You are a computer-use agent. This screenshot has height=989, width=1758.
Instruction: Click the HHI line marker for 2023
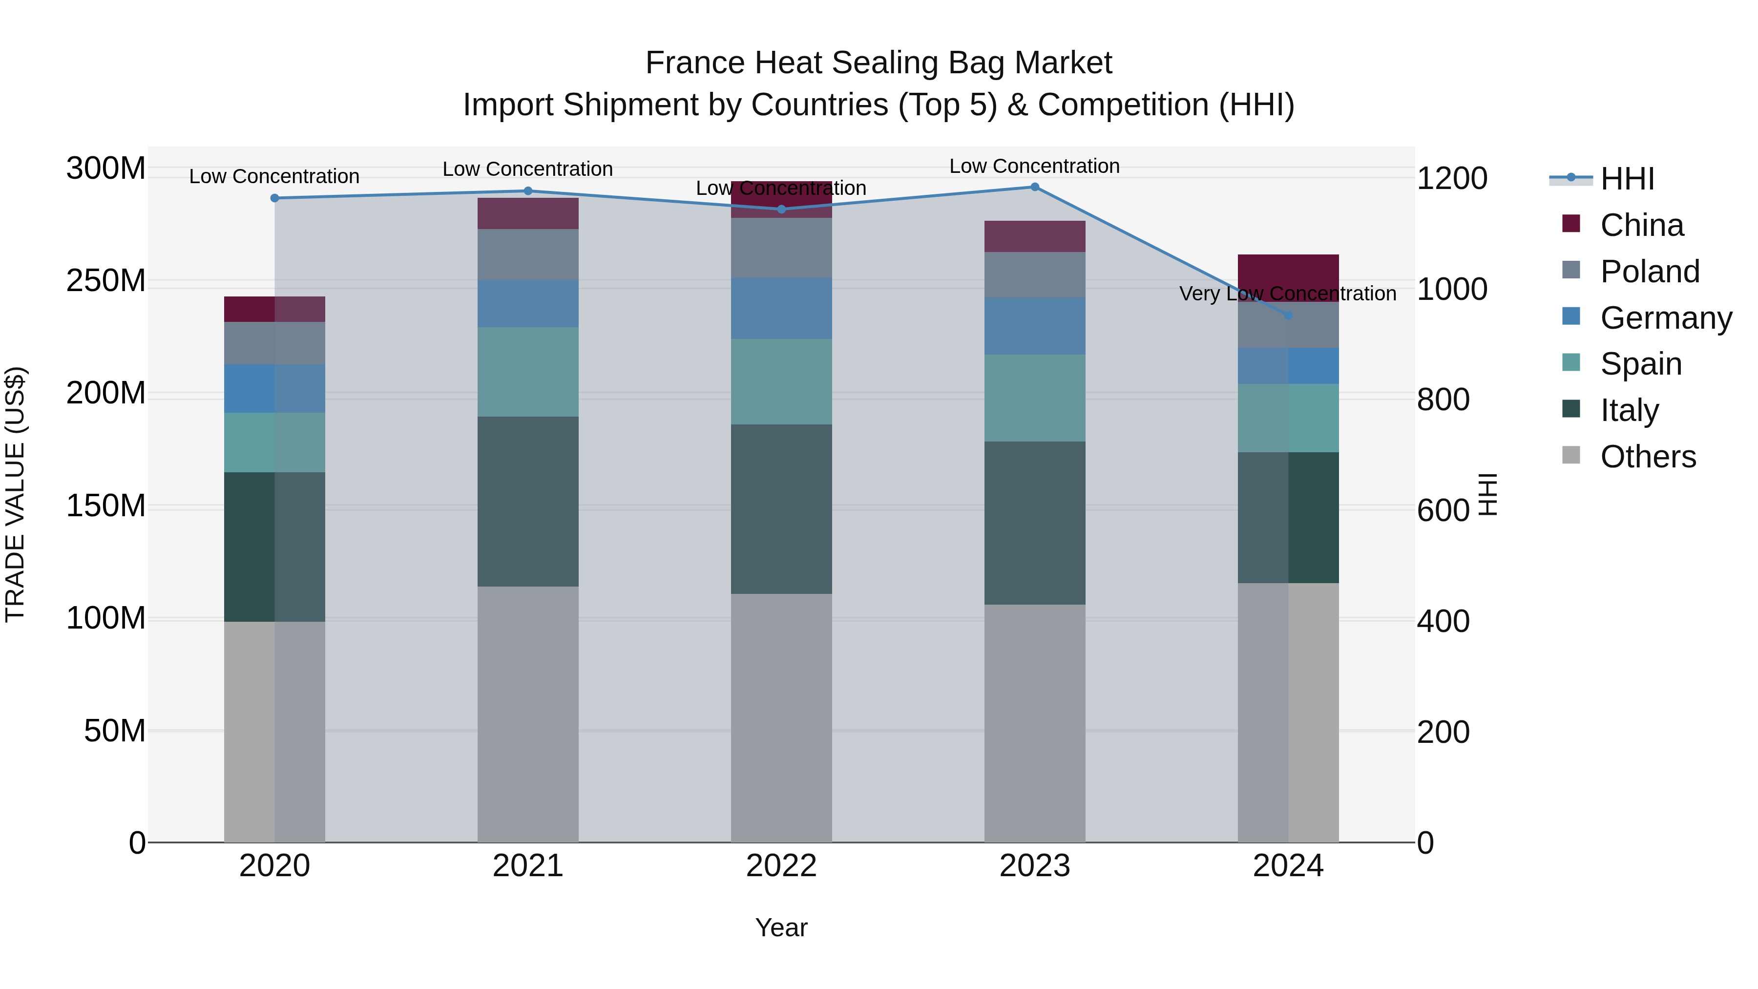[1035, 187]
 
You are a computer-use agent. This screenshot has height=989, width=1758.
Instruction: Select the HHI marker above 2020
[274, 198]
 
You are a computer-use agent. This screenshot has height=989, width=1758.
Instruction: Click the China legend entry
[1641, 225]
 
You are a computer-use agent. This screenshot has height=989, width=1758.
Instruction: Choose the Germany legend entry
[1665, 318]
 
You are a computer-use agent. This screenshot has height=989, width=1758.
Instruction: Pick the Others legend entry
[1648, 457]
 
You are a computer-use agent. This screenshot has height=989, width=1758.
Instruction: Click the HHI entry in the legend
[1627, 179]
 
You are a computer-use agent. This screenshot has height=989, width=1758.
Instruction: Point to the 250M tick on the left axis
[106, 280]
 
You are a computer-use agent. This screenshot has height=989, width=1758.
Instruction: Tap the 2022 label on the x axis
[781, 866]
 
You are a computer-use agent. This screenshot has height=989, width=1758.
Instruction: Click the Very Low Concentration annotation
[1287, 294]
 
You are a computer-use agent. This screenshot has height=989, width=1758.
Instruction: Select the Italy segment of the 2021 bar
[527, 502]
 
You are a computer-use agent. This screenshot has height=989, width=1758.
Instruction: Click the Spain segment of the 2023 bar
[1035, 398]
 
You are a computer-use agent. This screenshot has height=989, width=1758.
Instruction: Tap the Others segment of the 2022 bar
[781, 716]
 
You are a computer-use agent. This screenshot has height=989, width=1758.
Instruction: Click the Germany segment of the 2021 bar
[527, 303]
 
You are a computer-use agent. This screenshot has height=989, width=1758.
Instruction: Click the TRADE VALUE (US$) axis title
[15, 494]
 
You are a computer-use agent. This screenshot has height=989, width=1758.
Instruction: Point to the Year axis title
[781, 927]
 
